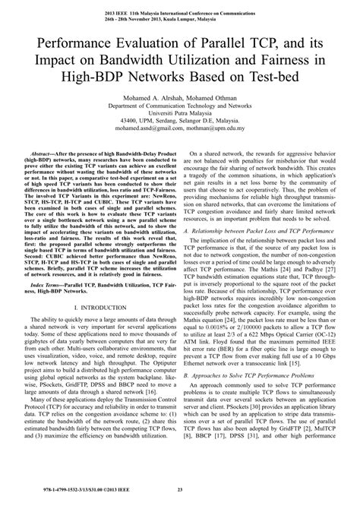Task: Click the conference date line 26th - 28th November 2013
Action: coord(180,19)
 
